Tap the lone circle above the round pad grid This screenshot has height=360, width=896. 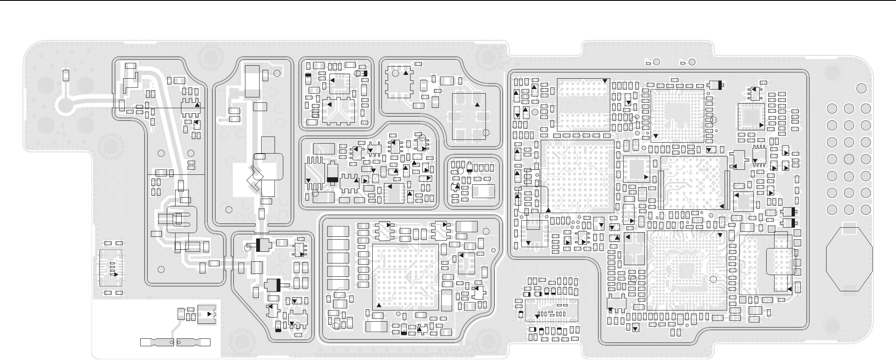click(861, 88)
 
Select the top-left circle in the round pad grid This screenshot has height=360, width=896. click(832, 109)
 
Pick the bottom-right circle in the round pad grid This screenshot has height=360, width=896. click(866, 209)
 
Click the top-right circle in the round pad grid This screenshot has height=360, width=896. click(866, 109)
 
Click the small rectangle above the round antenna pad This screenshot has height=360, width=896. click(65, 75)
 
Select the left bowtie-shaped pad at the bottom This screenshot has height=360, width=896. click(157, 343)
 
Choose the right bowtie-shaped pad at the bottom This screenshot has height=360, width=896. click(193, 343)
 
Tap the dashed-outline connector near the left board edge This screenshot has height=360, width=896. click(110, 268)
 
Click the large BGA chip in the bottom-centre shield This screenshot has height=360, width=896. click(406, 277)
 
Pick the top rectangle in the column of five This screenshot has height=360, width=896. click(338, 231)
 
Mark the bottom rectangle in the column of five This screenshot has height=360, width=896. click(338, 285)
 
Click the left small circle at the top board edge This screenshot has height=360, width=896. click(657, 62)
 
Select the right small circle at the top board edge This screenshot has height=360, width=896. click(692, 62)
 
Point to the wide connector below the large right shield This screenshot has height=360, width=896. click(552, 310)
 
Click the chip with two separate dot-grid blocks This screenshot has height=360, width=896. click(583, 104)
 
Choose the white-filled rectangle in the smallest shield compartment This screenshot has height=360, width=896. click(483, 191)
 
